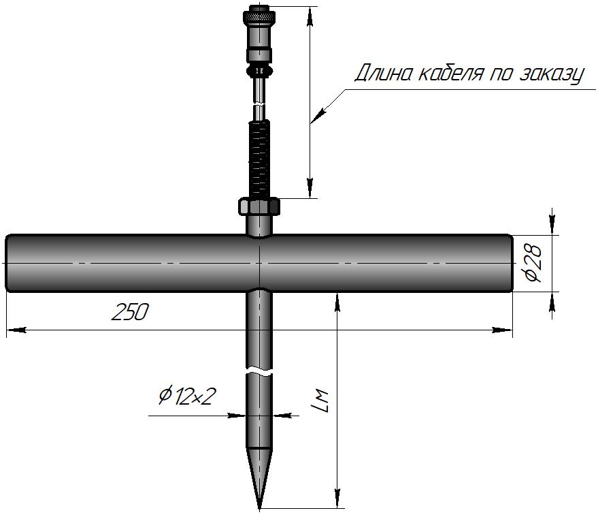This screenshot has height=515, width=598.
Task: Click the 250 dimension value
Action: coord(130,312)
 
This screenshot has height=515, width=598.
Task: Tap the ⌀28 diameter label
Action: coord(534,263)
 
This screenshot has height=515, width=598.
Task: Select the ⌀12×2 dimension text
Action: coord(187,396)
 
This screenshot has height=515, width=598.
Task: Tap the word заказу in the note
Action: coord(552,74)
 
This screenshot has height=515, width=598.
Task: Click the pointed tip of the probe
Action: coord(259,509)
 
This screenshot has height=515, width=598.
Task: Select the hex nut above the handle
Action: coord(259,207)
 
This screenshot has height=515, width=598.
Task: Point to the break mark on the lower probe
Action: coord(259,371)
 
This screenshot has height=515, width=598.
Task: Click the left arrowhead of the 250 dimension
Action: coord(17,330)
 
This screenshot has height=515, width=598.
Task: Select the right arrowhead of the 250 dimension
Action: coord(502,330)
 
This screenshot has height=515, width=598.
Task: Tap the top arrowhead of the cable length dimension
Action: coord(310,16)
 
